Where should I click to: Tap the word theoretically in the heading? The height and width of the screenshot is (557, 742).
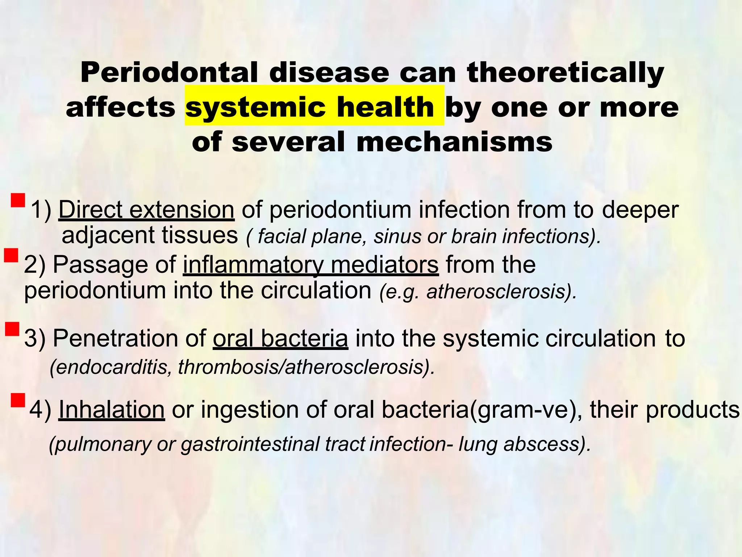566,73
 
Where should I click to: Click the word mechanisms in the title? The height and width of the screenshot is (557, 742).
454,142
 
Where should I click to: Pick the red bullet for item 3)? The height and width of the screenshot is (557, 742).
12,329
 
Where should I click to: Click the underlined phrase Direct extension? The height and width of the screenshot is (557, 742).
146,210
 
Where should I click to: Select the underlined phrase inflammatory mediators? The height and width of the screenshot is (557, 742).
310,265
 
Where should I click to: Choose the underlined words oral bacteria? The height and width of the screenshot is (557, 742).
280,339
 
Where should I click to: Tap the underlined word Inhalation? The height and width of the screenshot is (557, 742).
112,410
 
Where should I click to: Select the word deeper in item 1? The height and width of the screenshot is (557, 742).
640,210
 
